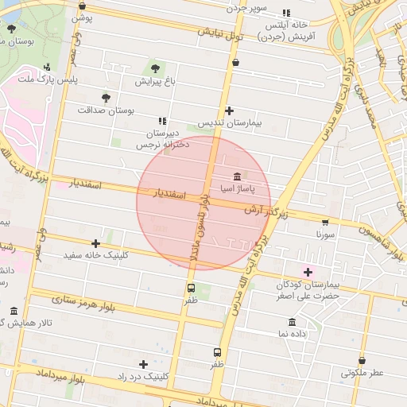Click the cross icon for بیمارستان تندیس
click(x=230, y=110)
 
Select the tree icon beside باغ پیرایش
click(x=155, y=68)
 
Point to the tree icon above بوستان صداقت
click(x=106, y=97)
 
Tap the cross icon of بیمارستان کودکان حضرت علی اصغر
click(x=308, y=272)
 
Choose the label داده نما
click(x=293, y=335)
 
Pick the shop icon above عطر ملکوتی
click(x=362, y=360)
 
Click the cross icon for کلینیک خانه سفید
click(x=96, y=243)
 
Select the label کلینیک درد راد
click(x=143, y=375)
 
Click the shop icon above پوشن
click(x=82, y=6)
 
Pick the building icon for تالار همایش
click(x=14, y=311)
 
